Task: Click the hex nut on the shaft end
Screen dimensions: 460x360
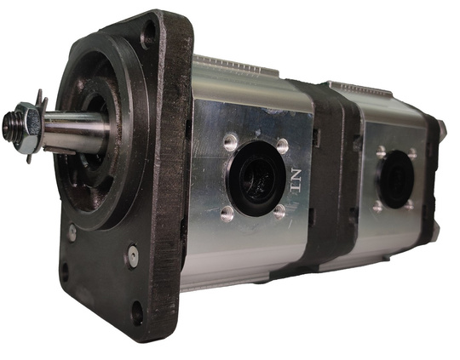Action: point(27,127)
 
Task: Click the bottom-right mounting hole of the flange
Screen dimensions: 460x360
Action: point(137,312)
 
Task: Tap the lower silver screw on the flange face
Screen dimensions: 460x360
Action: point(133,255)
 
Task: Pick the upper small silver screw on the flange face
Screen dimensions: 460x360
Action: point(72,233)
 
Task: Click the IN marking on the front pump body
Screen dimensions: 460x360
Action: point(296,180)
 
